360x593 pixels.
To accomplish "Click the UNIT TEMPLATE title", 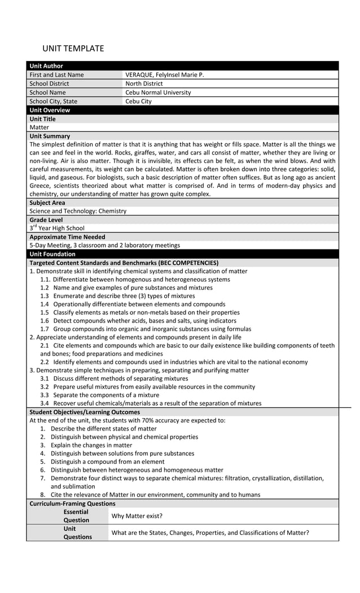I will click(x=73, y=49).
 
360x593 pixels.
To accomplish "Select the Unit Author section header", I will click(x=46, y=66).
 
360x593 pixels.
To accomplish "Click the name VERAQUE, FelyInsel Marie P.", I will click(x=164, y=74).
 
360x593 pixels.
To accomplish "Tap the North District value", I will click(x=144, y=84).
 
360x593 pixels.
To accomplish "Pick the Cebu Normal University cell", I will click(x=158, y=93).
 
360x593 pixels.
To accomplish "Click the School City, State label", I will click(x=54, y=102).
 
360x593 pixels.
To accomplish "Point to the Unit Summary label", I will click(x=50, y=136).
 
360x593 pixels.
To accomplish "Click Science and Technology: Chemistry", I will click(x=78, y=211).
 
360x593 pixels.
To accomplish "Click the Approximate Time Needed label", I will click(x=67, y=237).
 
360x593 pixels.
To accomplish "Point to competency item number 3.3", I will click(x=100, y=395).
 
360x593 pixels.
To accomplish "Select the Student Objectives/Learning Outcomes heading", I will click(x=84, y=412).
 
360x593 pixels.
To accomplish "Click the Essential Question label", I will click(x=76, y=516).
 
